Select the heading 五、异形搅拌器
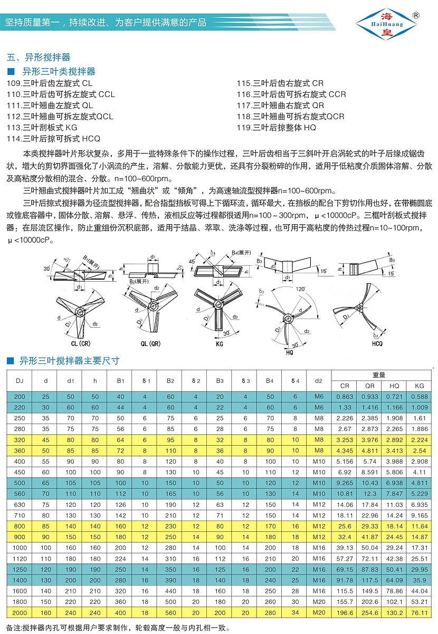click(38, 57)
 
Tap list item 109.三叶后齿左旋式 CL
click(50, 83)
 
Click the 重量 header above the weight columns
click(378, 375)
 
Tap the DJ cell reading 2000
click(19, 612)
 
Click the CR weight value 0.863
click(344, 396)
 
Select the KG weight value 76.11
click(417, 612)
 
